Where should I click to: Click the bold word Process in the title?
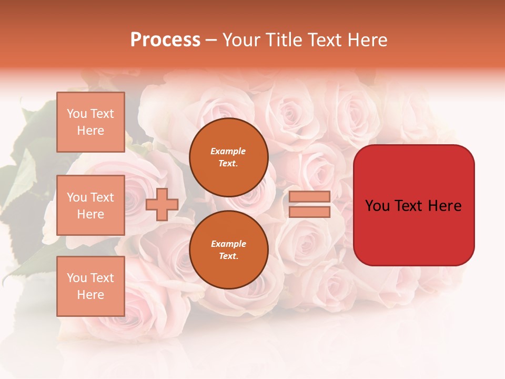pyautogui.click(x=165, y=40)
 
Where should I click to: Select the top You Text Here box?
pyautogui.click(x=90, y=122)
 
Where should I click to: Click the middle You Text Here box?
pyautogui.click(x=90, y=205)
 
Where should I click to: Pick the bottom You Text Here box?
pyautogui.click(x=90, y=286)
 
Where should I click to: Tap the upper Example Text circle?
pyautogui.click(x=228, y=157)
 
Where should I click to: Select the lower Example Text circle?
pyautogui.click(x=228, y=250)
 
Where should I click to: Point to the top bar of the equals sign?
pyautogui.click(x=309, y=197)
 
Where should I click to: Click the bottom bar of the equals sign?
pyautogui.click(x=309, y=212)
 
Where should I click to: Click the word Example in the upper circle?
pyautogui.click(x=228, y=151)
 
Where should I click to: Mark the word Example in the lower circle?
pyautogui.click(x=228, y=244)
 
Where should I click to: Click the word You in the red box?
pyautogui.click(x=377, y=206)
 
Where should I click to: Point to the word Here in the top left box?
pyautogui.click(x=90, y=131)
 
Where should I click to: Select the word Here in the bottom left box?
pyautogui.click(x=90, y=295)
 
